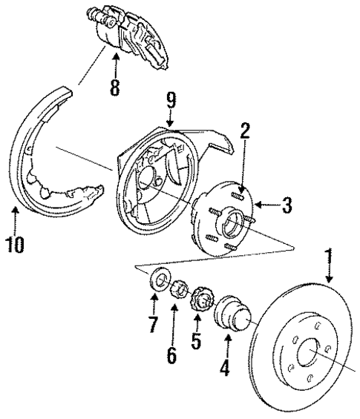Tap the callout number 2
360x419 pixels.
point(245,132)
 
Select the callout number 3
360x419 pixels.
point(287,206)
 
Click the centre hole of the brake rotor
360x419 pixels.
point(304,356)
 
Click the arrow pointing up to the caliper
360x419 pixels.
point(114,65)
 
